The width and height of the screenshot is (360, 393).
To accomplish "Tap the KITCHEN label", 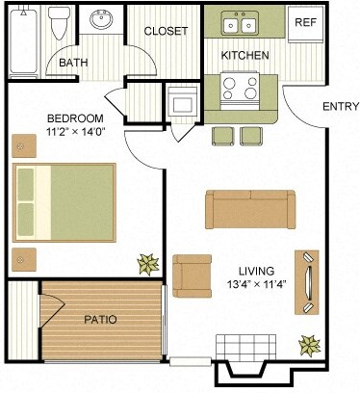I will point(245,56).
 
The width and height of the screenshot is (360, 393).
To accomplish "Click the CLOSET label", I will point(166,31).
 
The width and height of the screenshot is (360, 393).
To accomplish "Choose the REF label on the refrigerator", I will point(305,22).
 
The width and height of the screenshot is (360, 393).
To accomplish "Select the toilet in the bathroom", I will point(60,22).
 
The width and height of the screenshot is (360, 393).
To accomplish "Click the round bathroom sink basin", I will point(100,18).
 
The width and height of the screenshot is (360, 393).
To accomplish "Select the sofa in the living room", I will point(249,207).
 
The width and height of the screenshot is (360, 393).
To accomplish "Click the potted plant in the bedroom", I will point(149,263).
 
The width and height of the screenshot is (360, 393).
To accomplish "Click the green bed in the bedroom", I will point(64,203).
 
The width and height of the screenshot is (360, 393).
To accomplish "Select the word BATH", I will point(73,64).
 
